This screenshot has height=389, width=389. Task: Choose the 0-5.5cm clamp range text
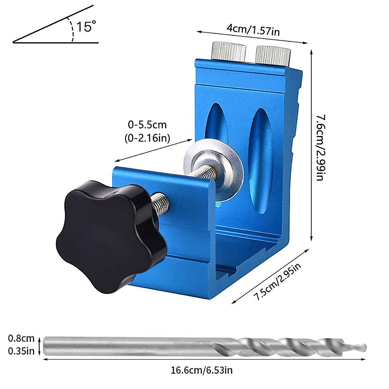pyautogui.click(x=147, y=125)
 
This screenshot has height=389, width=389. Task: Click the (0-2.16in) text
pyautogui.click(x=147, y=138)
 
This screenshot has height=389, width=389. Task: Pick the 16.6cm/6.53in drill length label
pyautogui.click(x=202, y=370)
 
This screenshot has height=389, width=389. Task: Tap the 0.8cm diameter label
pyautogui.click(x=21, y=338)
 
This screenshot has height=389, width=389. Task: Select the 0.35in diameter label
pyautogui.click(x=21, y=351)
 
